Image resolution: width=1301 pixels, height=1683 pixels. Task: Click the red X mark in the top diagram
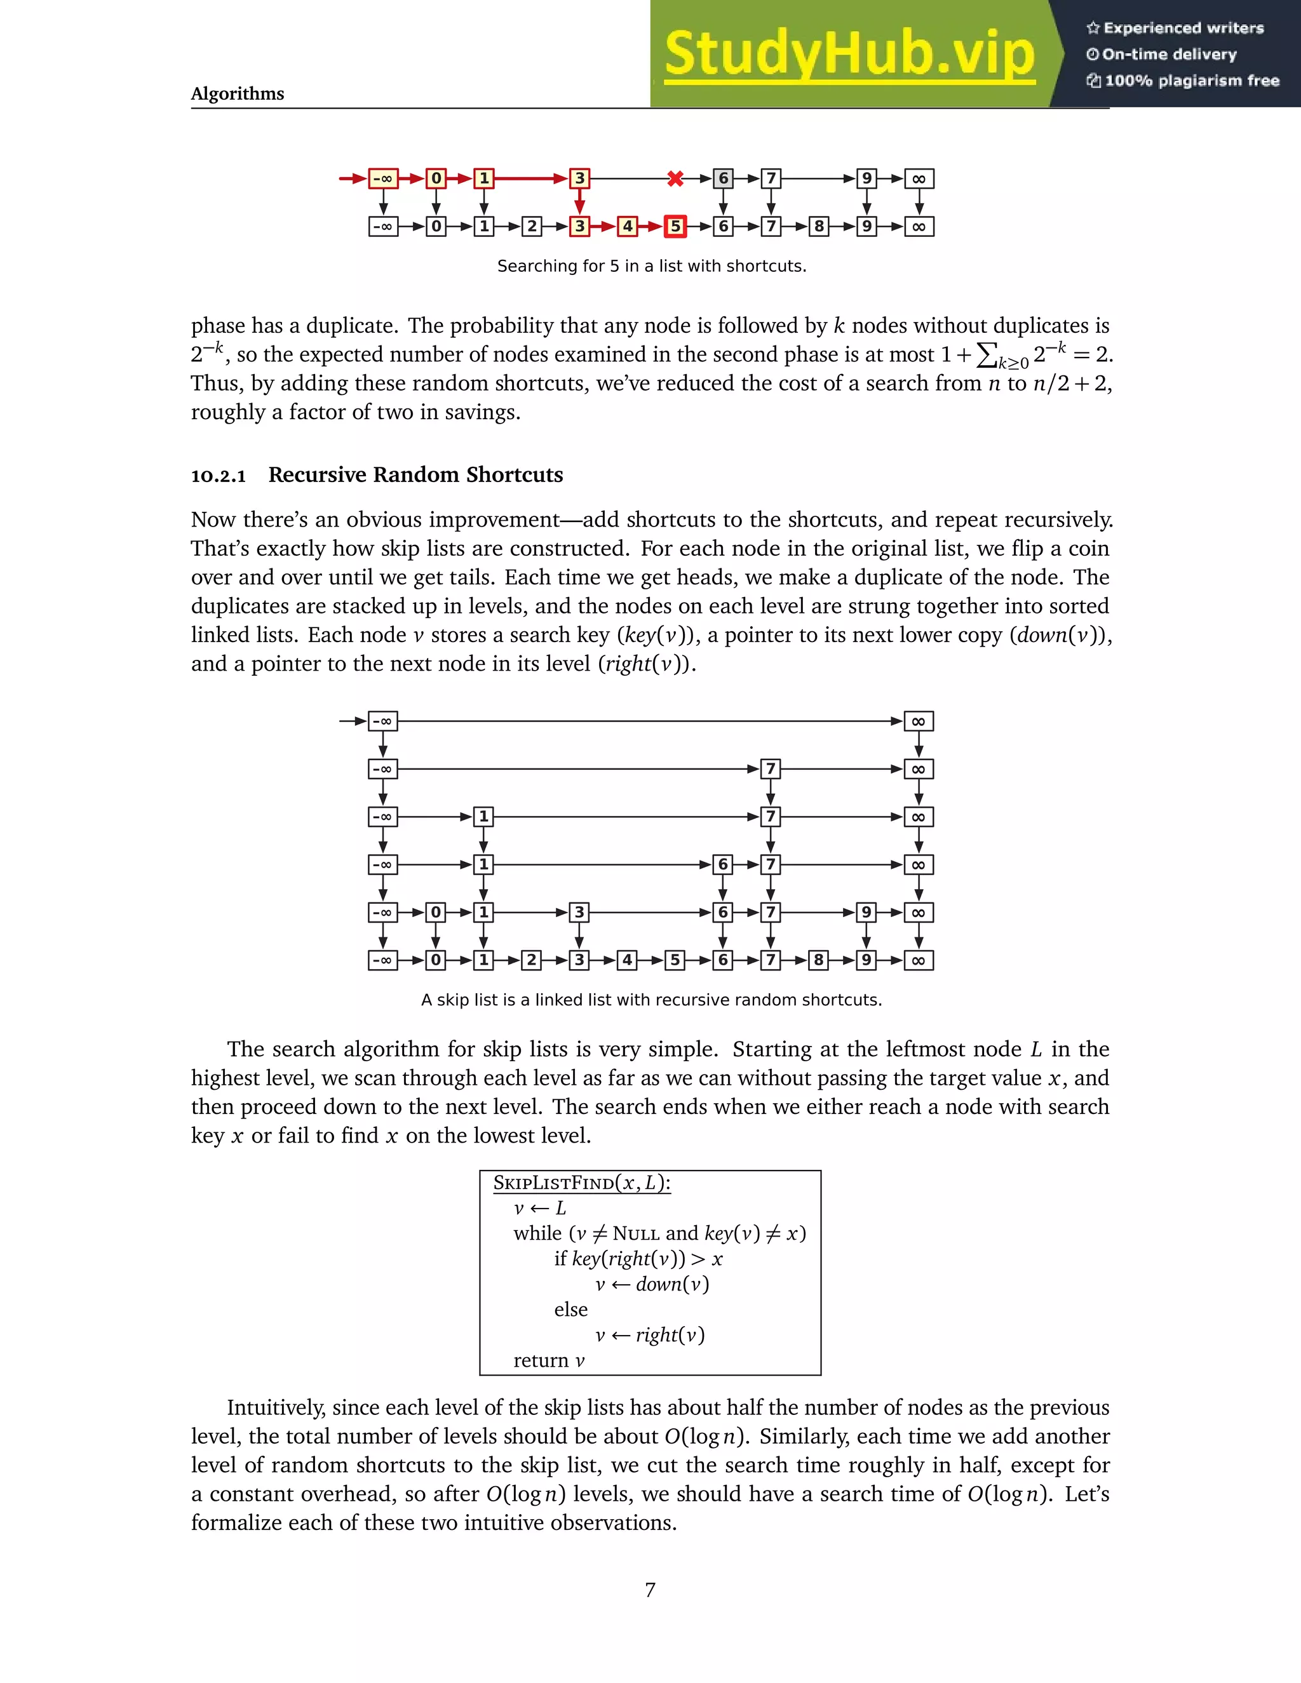[675, 179]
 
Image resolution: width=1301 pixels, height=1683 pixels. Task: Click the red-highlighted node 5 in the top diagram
[675, 227]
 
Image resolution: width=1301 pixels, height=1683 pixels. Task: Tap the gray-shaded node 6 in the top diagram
[723, 179]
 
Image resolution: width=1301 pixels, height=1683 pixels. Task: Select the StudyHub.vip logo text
[849, 54]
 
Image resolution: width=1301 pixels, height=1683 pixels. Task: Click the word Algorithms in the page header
[238, 94]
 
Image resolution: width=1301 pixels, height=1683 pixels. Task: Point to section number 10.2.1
[218, 476]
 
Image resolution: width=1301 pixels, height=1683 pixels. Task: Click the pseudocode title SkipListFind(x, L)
[582, 1184]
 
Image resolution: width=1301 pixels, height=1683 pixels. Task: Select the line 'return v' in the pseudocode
[549, 1361]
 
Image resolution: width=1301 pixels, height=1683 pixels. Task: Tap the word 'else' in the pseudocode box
[570, 1310]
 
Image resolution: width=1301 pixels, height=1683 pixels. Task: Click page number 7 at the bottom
[650, 1590]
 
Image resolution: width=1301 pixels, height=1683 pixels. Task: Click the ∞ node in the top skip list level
[919, 721]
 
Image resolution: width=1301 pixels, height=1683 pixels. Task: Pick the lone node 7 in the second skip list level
[770, 769]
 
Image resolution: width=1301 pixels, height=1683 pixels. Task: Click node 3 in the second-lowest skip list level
[579, 913]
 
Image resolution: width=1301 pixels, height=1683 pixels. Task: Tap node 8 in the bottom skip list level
[818, 960]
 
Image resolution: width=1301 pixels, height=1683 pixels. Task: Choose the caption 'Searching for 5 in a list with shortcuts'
[651, 267]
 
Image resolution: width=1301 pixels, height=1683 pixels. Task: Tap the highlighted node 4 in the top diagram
[628, 227]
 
